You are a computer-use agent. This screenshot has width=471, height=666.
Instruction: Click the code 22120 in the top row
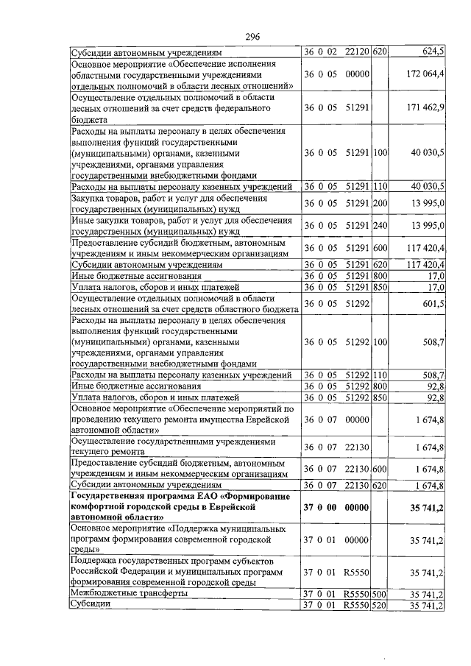tap(357, 52)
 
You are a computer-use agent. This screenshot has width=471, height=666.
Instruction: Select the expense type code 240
tap(380, 224)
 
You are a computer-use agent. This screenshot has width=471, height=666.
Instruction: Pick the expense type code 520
tap(380, 606)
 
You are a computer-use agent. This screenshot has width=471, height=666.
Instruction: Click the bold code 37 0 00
tap(320, 507)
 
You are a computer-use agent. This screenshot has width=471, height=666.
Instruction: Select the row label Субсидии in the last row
tap(91, 606)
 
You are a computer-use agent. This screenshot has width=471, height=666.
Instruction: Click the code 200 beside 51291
tap(380, 203)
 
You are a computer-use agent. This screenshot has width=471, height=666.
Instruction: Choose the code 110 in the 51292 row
tap(380, 375)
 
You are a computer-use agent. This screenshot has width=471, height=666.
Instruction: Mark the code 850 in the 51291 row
tap(380, 287)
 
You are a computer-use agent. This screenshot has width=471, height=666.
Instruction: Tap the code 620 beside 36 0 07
tap(380, 485)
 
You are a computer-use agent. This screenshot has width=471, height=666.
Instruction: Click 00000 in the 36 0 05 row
tap(357, 74)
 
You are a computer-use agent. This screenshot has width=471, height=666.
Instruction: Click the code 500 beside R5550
tap(380, 593)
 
